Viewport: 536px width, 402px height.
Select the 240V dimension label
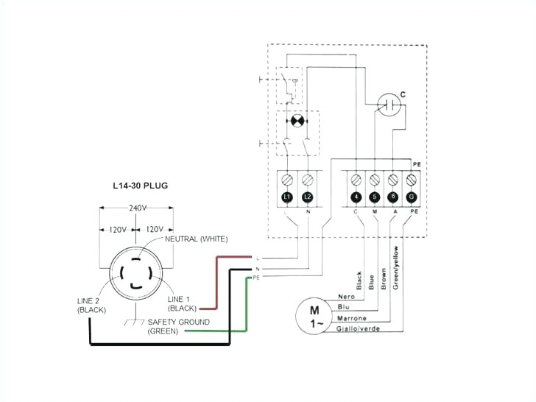(x=136, y=208)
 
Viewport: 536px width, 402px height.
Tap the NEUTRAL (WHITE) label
(x=197, y=239)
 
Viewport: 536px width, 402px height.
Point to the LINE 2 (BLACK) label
(x=93, y=306)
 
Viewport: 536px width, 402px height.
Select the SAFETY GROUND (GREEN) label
(x=178, y=327)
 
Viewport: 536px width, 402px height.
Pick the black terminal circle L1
(x=288, y=198)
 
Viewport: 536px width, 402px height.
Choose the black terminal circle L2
(x=307, y=198)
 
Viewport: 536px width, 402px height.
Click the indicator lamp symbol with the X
(x=297, y=120)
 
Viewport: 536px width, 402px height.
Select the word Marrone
(x=352, y=318)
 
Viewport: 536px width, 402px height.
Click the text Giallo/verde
(x=359, y=329)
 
